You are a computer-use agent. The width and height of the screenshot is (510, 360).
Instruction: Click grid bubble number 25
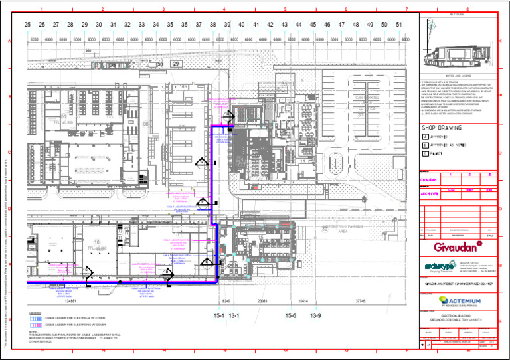pyautogui.click(x=27, y=25)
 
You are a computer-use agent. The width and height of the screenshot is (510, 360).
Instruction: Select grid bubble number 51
pyautogui.click(x=398, y=25)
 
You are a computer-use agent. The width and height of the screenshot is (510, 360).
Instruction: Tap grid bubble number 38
pyautogui.click(x=212, y=25)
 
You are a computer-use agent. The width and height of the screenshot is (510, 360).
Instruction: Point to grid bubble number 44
pyautogui.click(x=298, y=25)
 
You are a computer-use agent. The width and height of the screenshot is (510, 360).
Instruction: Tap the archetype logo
pyautogui.click(x=438, y=266)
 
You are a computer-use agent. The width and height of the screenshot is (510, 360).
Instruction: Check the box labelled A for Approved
pyautogui.click(x=425, y=137)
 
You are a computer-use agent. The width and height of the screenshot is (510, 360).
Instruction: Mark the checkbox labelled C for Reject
pyautogui.click(x=425, y=153)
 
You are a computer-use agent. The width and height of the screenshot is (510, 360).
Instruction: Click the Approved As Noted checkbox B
pyautogui.click(x=425, y=145)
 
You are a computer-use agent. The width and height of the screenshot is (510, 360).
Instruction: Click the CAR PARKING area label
pyautogui.click(x=367, y=98)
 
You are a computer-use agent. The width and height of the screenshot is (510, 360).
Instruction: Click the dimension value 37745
pyautogui.click(x=361, y=301)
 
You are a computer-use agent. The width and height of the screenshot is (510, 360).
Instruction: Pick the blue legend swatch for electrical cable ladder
pyautogui.click(x=36, y=318)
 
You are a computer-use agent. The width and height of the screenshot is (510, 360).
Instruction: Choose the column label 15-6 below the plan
pyautogui.click(x=290, y=315)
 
